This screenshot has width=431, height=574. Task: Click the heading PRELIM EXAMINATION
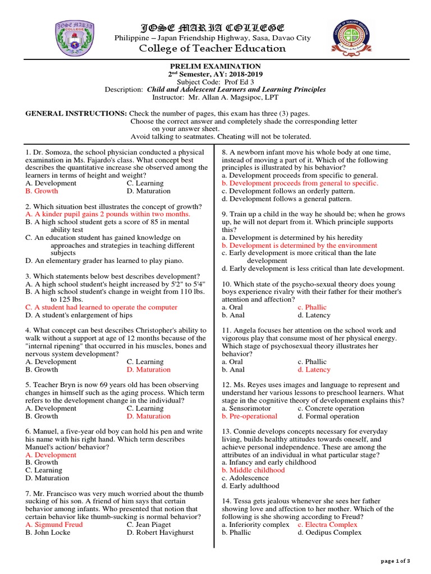(215, 66)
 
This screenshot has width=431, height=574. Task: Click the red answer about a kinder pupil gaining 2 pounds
(108, 214)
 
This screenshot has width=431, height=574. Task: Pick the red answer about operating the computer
(101, 307)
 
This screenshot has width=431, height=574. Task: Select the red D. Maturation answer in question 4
(148, 369)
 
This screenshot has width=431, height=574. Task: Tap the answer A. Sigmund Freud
(54, 525)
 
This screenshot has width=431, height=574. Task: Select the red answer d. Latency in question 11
(314, 369)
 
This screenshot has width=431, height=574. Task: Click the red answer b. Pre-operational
(249, 416)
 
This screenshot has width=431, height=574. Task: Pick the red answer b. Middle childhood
(253, 470)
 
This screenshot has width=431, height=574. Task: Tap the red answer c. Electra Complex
(327, 525)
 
